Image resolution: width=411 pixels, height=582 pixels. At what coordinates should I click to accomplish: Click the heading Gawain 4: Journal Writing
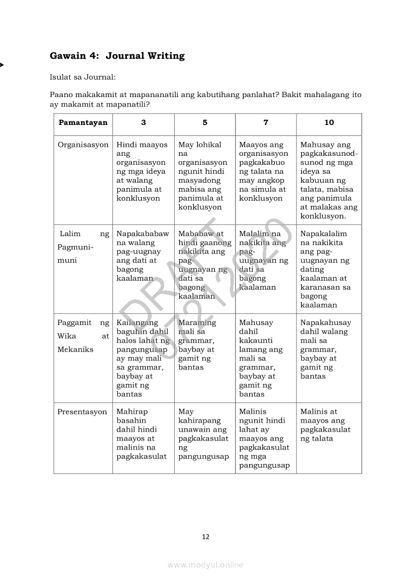(117, 56)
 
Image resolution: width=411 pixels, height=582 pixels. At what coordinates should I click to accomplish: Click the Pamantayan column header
(83, 122)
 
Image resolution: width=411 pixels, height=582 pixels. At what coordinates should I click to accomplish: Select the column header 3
(143, 122)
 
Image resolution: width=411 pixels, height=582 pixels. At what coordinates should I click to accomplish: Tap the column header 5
(205, 122)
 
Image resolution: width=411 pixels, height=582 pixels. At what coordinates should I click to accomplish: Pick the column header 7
(266, 122)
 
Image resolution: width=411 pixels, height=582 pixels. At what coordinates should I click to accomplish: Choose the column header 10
(329, 122)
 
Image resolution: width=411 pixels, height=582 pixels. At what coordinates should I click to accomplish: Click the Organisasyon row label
(83, 145)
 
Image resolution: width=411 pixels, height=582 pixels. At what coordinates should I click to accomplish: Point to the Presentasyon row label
(82, 412)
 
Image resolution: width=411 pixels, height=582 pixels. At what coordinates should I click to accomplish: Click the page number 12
(205, 537)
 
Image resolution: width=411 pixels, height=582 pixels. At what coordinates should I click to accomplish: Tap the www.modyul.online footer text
(205, 565)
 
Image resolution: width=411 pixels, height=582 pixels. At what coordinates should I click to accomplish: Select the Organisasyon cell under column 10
(328, 180)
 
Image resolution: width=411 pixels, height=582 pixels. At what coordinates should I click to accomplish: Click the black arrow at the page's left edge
(2, 65)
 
